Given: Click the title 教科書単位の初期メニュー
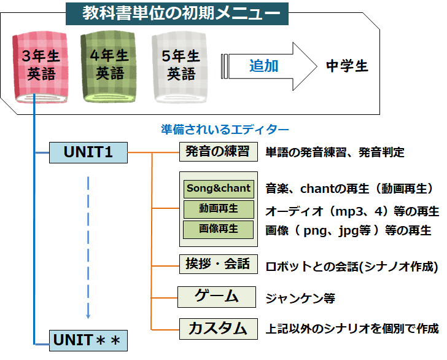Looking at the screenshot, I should [x=177, y=13].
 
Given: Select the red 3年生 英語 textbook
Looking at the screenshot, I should [x=41, y=66].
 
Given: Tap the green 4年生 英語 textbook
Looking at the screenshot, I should [x=111, y=66].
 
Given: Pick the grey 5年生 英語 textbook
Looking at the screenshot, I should [x=181, y=66].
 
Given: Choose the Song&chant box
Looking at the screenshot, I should [x=219, y=188].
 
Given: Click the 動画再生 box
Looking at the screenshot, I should [x=219, y=208].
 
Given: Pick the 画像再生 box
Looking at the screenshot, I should [x=219, y=229].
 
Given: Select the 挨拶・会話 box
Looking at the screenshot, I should [x=217, y=264].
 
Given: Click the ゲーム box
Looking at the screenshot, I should [x=216, y=296].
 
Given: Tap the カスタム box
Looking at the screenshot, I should [x=217, y=328].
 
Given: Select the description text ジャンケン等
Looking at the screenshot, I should [x=300, y=299].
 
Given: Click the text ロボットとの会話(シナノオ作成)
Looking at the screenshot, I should [x=352, y=267].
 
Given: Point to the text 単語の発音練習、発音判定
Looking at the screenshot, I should [x=335, y=152].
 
